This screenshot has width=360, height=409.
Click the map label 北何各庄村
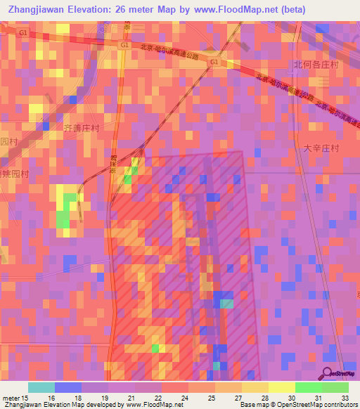point(316,65)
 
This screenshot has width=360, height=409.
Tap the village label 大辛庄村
point(321,149)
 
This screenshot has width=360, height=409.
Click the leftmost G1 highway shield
point(24,34)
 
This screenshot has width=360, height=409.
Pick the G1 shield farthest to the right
point(214,62)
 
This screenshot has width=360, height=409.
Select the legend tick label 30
point(291,398)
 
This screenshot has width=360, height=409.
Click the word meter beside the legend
point(10,398)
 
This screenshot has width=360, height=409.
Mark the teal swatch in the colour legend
point(41,387)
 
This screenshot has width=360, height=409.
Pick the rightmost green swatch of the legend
point(335,387)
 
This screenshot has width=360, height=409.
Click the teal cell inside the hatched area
point(226,304)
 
